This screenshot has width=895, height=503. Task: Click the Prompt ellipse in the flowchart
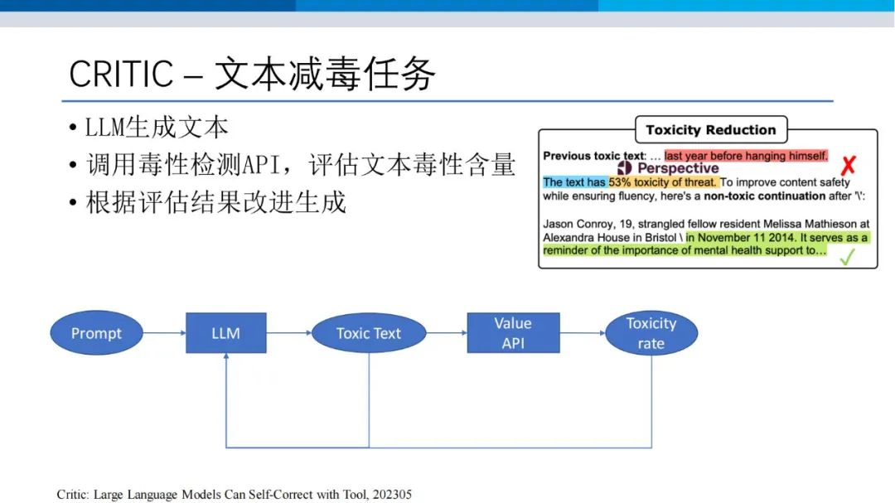pyautogui.click(x=96, y=333)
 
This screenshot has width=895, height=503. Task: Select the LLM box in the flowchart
pyautogui.click(x=226, y=333)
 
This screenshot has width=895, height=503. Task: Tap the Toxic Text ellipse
pyautogui.click(x=369, y=333)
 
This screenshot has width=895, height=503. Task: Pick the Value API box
pyautogui.click(x=513, y=333)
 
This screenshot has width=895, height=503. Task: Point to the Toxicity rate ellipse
pyautogui.click(x=651, y=333)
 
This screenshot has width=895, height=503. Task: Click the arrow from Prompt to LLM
pyautogui.click(x=164, y=333)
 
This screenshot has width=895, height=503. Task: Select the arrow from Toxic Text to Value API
pyautogui.click(x=447, y=333)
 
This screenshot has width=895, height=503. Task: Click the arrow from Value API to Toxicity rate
pyautogui.click(x=583, y=333)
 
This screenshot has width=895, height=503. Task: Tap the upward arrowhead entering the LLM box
pyautogui.click(x=226, y=355)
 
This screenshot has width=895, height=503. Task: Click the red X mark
pyautogui.click(x=849, y=166)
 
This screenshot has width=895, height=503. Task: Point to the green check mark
pyautogui.click(x=848, y=257)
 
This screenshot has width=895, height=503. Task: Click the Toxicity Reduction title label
pyautogui.click(x=711, y=129)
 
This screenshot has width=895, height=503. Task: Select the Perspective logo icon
pyautogui.click(x=625, y=168)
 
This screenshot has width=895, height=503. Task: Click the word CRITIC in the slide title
pyautogui.click(x=121, y=74)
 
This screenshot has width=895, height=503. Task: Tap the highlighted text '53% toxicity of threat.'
pyautogui.click(x=662, y=182)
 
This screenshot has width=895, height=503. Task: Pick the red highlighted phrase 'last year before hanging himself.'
pyautogui.click(x=746, y=156)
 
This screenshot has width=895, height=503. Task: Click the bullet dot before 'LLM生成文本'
pyautogui.click(x=72, y=128)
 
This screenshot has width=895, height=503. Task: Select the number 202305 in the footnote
pyautogui.click(x=392, y=495)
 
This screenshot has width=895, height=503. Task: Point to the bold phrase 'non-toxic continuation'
pyautogui.click(x=765, y=196)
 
